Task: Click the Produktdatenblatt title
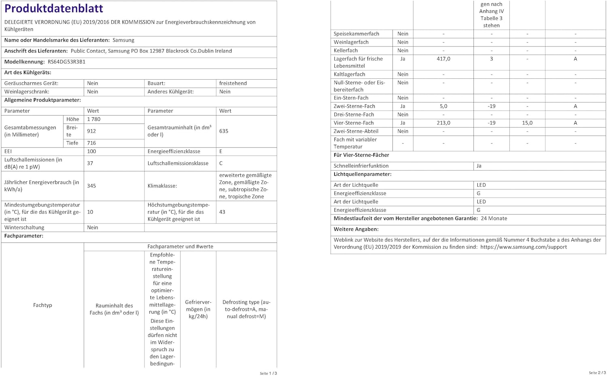point(54,8)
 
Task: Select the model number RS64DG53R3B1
point(66,62)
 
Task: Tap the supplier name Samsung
point(123,40)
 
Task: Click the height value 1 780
point(93,119)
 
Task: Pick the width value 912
point(92,131)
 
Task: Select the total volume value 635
point(224,131)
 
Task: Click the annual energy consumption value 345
point(91,186)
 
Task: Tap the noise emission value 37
point(90,163)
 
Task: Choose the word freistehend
point(233,83)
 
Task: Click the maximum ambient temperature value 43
point(222,212)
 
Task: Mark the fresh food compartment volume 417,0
point(444,59)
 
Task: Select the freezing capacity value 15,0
point(527,123)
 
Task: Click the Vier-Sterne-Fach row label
point(354,123)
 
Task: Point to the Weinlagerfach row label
point(351,42)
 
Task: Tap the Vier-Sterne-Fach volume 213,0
point(444,123)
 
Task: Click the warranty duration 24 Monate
point(494,218)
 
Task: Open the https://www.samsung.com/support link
point(524,247)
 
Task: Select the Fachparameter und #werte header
point(180,246)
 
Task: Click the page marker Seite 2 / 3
point(597,373)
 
